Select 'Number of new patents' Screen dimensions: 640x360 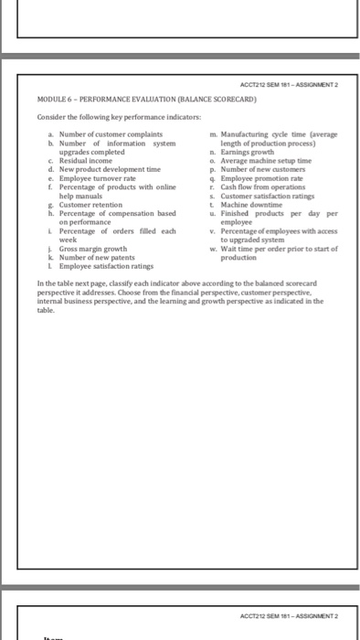pyautogui.click(x=97, y=256)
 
